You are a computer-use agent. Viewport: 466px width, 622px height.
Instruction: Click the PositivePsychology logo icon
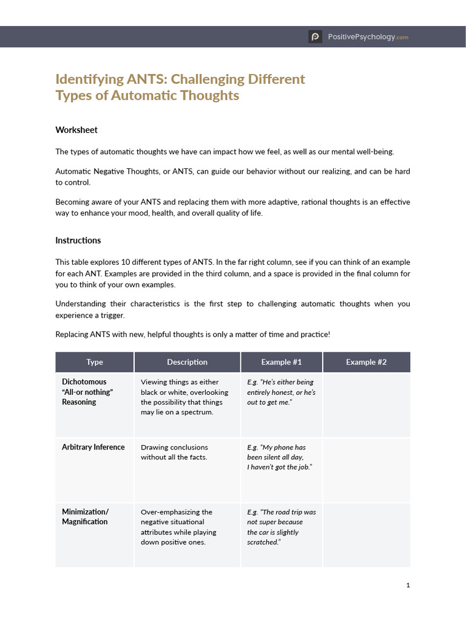point(315,37)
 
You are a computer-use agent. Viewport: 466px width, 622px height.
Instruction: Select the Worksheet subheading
point(76,130)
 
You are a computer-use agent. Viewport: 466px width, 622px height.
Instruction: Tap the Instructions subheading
point(78,241)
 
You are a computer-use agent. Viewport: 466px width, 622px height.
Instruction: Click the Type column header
point(95,362)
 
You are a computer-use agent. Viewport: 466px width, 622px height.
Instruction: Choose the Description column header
point(187,362)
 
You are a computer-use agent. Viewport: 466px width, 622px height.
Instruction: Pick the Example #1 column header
point(282,362)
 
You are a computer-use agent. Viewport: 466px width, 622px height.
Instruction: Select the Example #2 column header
point(366,362)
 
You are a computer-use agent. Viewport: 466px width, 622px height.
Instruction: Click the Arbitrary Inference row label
point(93,447)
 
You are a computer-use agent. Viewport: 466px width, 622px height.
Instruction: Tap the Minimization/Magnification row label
point(85,517)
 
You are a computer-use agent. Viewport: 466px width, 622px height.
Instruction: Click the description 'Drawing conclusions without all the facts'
point(174,452)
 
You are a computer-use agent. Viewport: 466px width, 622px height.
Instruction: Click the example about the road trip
point(281,527)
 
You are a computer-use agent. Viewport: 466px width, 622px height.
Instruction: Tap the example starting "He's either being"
point(281,392)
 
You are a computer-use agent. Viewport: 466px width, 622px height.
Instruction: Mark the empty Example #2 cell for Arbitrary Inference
point(366,470)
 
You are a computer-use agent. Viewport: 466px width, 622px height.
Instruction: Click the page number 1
point(408,586)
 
